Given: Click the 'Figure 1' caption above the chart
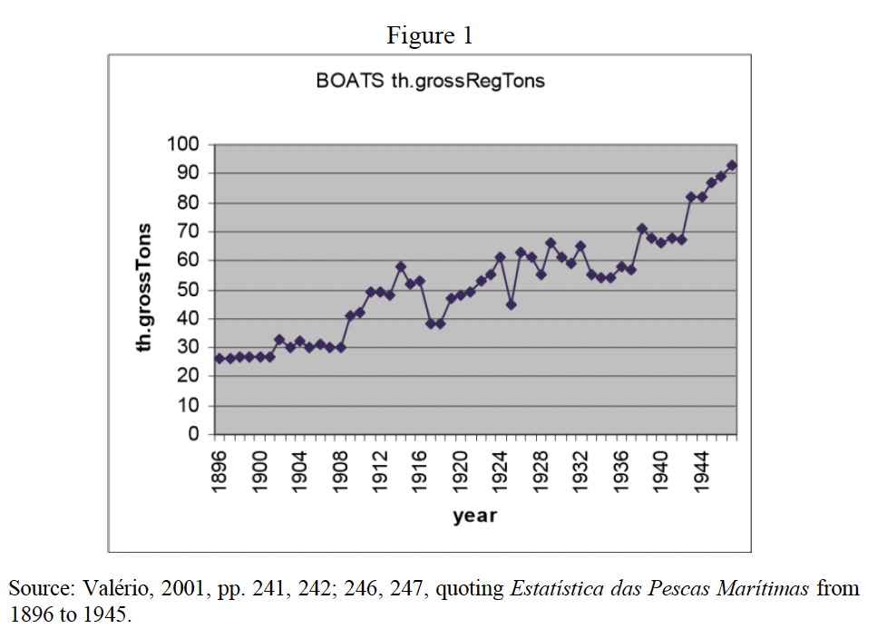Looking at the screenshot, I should [430, 35].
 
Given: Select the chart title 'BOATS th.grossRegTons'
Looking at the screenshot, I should [430, 81].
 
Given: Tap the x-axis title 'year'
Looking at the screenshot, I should [475, 517].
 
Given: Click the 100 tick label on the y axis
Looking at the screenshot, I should [181, 144].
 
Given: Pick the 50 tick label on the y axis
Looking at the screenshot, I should [187, 290].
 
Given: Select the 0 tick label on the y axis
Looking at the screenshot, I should [193, 435].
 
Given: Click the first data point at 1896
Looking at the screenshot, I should [219, 359].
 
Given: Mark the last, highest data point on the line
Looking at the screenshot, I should [732, 165].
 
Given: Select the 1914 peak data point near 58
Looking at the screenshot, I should [400, 266].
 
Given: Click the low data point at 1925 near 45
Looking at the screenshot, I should [511, 304].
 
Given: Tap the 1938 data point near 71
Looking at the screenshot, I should [641, 228].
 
